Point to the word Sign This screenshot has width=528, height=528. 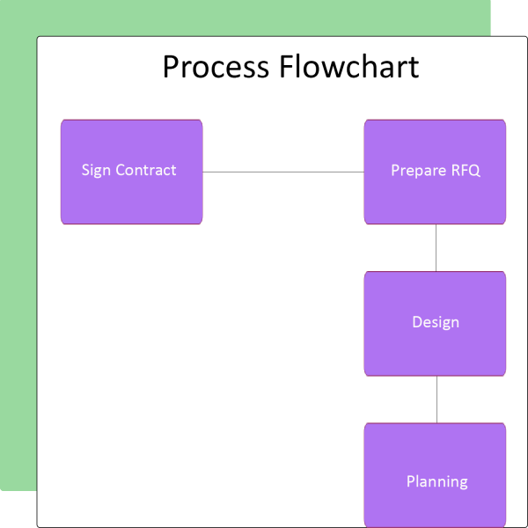[x=96, y=171]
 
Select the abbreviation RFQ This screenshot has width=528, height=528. [x=466, y=171]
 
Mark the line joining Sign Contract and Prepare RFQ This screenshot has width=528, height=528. [x=283, y=172]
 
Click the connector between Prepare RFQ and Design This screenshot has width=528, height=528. [x=436, y=247]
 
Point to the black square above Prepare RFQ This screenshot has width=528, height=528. [x=510, y=18]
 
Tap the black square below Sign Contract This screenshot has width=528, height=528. [x=18, y=509]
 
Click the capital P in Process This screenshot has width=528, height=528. [x=171, y=67]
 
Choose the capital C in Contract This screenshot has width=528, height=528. [x=121, y=171]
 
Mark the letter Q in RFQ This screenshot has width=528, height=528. [x=475, y=171]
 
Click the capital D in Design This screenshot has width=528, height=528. [x=417, y=322]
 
